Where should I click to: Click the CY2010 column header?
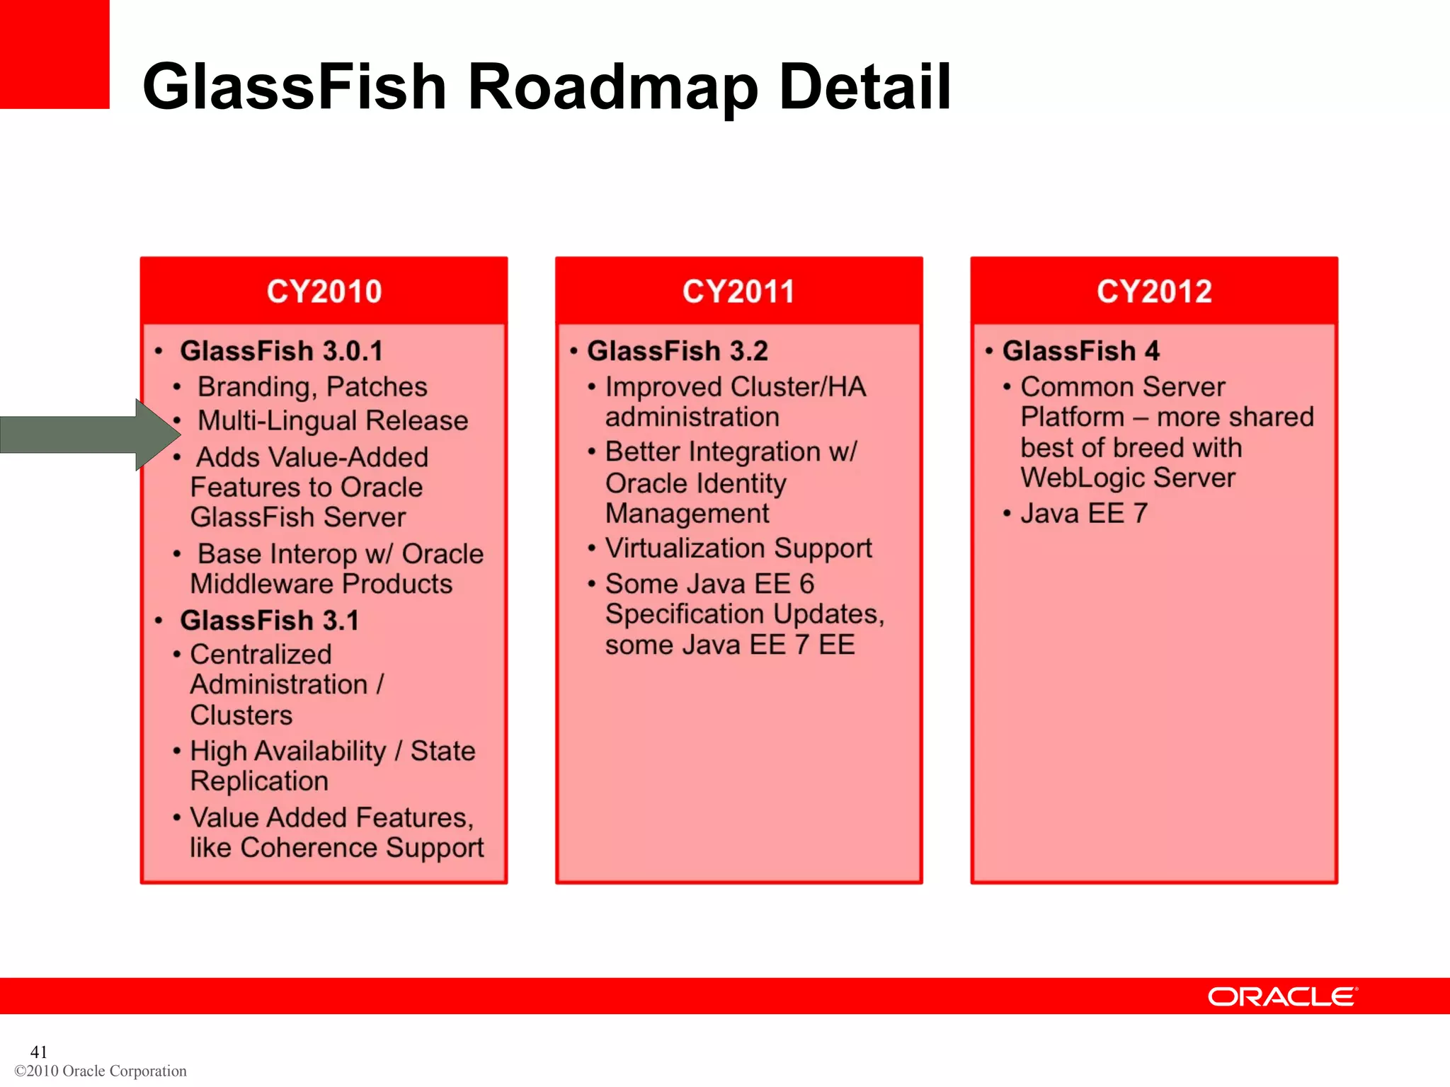click(324, 292)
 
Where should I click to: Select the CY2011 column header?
click(738, 292)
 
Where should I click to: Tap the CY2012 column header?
click(1154, 292)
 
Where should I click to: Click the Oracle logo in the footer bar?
click(1282, 996)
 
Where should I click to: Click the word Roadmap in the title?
click(612, 87)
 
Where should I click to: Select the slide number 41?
click(39, 1052)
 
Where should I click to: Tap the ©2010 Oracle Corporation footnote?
click(101, 1071)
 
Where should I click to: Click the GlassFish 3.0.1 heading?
click(281, 351)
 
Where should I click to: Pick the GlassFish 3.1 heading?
click(269, 621)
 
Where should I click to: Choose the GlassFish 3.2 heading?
click(677, 351)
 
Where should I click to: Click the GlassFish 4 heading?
click(1080, 351)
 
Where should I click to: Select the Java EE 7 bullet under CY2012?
click(1083, 514)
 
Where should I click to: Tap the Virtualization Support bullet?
click(738, 548)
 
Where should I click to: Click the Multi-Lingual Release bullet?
click(333, 421)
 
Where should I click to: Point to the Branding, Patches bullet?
click(312, 387)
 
